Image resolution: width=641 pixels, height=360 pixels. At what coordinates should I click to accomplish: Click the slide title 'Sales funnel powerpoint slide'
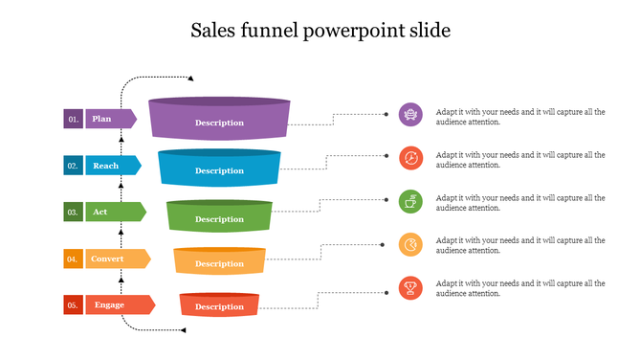tap(320, 31)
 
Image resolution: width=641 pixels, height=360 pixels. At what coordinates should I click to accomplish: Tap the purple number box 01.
tap(74, 119)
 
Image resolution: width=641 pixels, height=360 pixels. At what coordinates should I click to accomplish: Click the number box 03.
tap(73, 212)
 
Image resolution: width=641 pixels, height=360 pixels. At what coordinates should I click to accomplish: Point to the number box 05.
tap(73, 304)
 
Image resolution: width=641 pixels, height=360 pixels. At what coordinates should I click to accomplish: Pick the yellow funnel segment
tap(220, 261)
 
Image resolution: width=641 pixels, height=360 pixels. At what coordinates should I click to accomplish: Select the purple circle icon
tap(410, 115)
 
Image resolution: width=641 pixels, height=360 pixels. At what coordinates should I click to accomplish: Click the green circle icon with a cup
tap(410, 201)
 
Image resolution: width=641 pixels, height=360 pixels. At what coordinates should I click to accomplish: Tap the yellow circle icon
tap(410, 244)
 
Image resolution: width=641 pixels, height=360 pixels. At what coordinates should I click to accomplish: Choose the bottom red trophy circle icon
tap(410, 286)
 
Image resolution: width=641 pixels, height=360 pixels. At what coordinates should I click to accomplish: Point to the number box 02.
tap(73, 166)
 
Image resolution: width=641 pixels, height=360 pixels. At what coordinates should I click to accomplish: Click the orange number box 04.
tap(73, 259)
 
